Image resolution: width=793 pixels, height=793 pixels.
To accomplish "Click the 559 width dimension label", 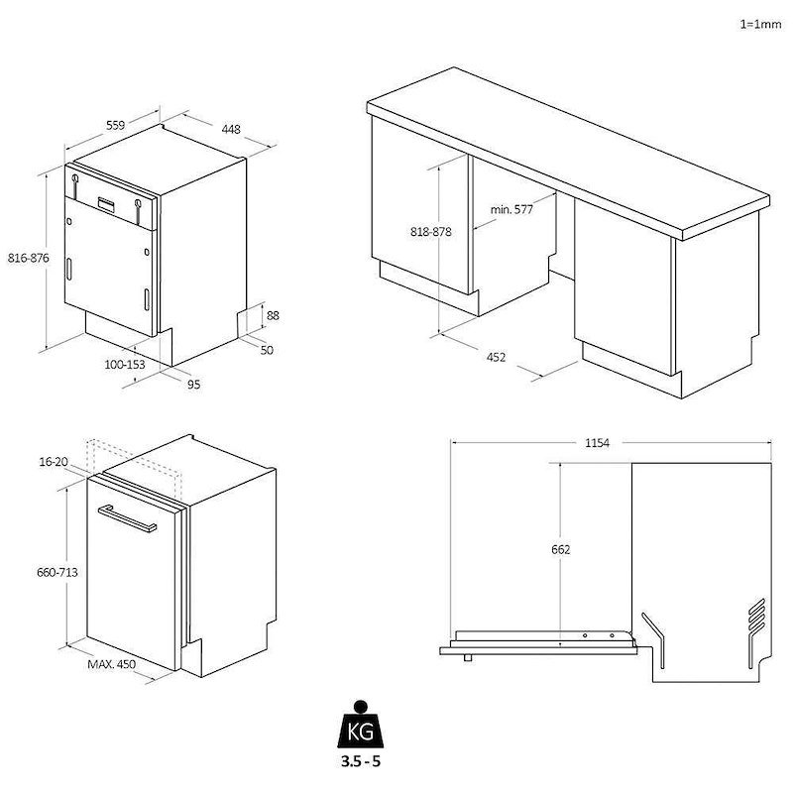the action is click(x=115, y=125).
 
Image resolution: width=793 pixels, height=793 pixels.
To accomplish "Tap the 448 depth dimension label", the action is click(x=231, y=130).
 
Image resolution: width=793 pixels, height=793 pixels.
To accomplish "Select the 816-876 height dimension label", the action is click(x=29, y=258).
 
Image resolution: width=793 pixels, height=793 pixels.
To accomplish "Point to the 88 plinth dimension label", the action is click(x=273, y=315).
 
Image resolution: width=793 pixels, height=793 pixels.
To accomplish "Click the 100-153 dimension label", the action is click(x=125, y=364).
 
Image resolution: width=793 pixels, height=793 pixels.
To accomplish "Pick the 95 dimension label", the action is click(x=193, y=385).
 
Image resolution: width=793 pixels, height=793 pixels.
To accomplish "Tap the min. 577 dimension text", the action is click(x=511, y=209).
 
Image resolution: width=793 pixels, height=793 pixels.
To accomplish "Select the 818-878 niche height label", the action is click(x=431, y=232).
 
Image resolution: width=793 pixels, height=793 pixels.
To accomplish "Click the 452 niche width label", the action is click(x=496, y=357).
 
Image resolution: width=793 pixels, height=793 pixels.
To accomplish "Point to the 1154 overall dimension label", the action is click(x=598, y=443).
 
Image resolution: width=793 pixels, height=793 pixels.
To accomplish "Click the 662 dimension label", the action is click(x=561, y=549).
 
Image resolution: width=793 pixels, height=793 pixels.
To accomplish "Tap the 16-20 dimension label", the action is click(x=54, y=462).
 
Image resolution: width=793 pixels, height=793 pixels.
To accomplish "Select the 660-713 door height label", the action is click(x=57, y=572).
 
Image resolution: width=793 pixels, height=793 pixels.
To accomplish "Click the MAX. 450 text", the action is click(x=112, y=664).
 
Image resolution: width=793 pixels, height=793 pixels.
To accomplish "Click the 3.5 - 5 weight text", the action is click(x=360, y=761).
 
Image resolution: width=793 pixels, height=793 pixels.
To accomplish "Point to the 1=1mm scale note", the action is click(x=760, y=24).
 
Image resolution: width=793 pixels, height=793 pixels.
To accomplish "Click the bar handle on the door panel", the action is click(x=128, y=518).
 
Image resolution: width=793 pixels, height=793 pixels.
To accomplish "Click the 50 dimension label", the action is click(x=267, y=350).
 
